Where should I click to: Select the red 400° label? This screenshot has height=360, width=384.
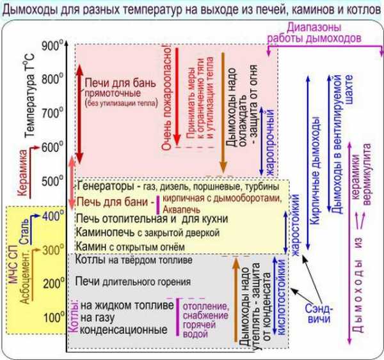tap(53, 216)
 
